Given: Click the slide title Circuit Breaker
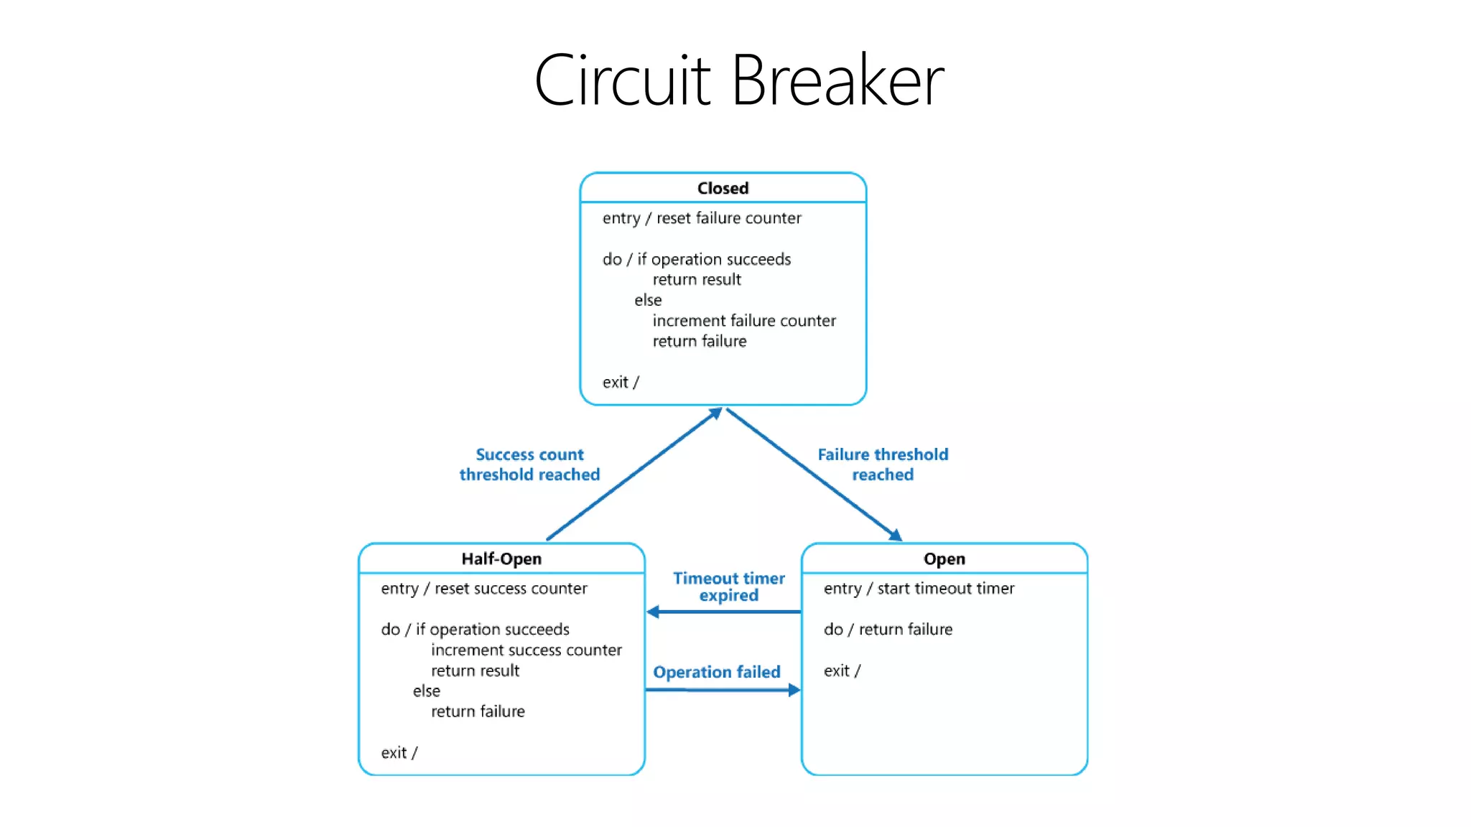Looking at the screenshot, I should (x=738, y=80).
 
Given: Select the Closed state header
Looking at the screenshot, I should (x=723, y=188).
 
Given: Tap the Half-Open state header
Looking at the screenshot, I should (x=501, y=559).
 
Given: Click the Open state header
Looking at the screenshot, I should (x=944, y=559).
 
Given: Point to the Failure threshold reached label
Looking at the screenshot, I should (x=883, y=464).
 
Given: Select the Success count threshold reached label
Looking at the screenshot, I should (x=529, y=464).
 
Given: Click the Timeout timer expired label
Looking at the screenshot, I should (x=728, y=587).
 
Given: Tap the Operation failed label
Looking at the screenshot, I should (x=716, y=672).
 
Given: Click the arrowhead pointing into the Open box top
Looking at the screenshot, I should (x=896, y=535).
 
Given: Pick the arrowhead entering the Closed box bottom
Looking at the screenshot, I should (x=715, y=413).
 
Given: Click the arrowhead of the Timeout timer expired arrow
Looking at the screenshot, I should (x=653, y=612).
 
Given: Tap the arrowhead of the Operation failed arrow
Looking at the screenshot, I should (x=794, y=690).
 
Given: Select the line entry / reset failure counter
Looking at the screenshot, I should (x=701, y=218).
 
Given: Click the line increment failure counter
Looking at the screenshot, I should (x=743, y=321).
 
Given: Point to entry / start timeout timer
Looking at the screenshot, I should (x=919, y=589).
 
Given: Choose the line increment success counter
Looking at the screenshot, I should (x=526, y=650).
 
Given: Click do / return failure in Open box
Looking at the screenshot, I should (x=888, y=630).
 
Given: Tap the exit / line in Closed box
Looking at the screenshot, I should (x=621, y=383).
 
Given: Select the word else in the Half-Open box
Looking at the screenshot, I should (x=427, y=691).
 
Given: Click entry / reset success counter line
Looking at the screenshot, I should (x=483, y=589).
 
